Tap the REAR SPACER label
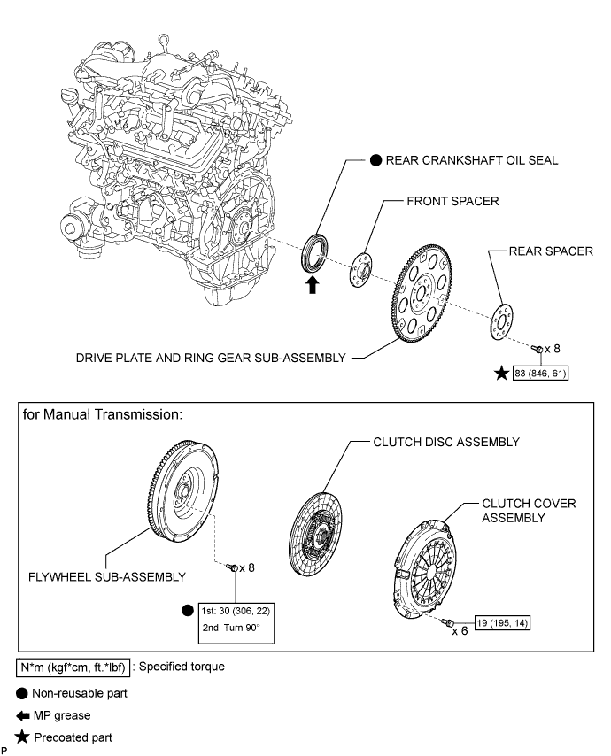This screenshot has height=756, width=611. [x=551, y=251]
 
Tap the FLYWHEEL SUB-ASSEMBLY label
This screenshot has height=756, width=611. [x=106, y=576]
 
